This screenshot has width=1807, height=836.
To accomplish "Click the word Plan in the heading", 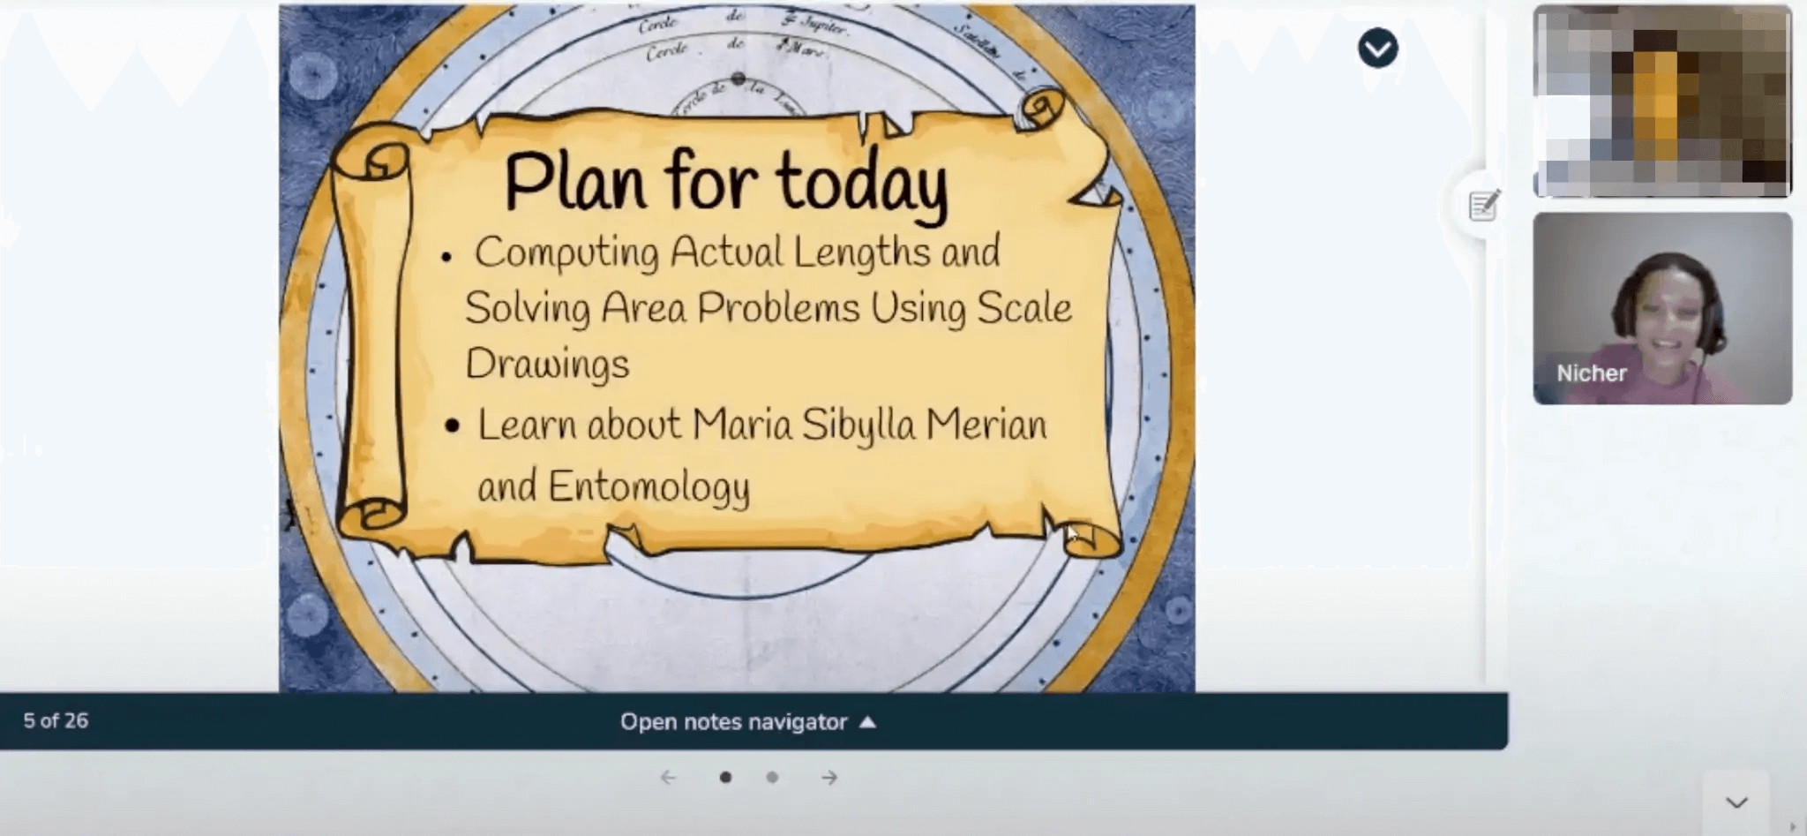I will click(574, 182).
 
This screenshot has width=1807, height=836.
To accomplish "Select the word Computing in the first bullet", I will click(566, 252).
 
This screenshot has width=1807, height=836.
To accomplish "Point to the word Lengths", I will click(861, 252).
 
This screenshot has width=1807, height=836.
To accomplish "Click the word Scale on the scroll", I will click(1024, 308).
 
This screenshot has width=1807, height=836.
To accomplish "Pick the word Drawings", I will click(547, 364).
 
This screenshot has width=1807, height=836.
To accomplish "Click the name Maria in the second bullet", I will click(742, 425).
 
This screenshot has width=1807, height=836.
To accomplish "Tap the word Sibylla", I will click(859, 426).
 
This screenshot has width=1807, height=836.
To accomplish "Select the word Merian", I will click(986, 425).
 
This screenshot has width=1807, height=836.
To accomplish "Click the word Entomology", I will click(649, 486).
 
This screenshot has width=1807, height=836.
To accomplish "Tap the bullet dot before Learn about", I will click(453, 426).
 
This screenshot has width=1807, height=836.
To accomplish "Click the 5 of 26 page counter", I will click(56, 721).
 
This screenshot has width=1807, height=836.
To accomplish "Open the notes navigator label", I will click(734, 722).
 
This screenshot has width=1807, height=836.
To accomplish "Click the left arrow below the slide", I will click(668, 778).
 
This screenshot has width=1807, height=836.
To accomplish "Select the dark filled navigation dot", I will click(725, 778).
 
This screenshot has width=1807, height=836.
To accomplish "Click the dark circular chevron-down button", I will click(1377, 49).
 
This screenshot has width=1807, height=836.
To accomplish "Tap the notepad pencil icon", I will click(1483, 206).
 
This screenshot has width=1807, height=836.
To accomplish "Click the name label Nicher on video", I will click(1591, 373).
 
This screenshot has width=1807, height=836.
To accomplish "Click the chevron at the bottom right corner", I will click(1736, 802).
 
